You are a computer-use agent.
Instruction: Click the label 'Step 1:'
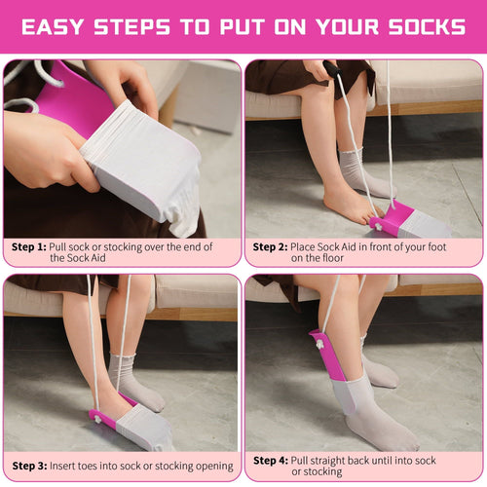[28, 247]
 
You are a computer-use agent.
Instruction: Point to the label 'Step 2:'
[270, 247]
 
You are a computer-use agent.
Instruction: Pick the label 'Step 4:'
[270, 460]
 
